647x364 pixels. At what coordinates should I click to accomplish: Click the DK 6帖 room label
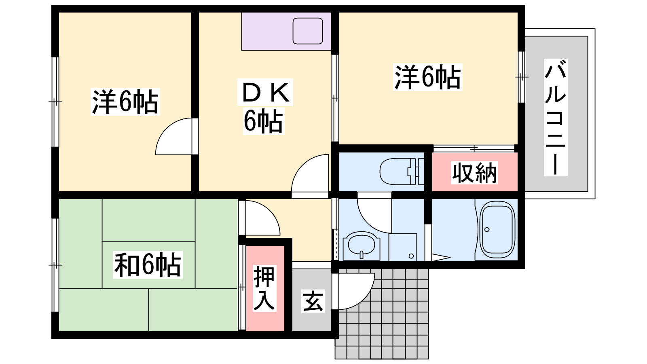tap(264, 106)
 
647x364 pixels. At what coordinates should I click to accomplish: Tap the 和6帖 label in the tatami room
tap(148, 265)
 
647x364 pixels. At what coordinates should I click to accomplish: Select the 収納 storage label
tap(475, 173)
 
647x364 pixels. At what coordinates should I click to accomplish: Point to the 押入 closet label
tap(264, 288)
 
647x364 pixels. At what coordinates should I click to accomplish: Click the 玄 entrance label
tap(313, 301)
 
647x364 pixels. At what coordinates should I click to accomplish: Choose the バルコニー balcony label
tap(556, 117)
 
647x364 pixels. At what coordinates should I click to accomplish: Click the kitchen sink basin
tap(308, 31)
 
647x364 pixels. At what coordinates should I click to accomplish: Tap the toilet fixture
tap(402, 171)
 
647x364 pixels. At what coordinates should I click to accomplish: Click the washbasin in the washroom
tap(362, 245)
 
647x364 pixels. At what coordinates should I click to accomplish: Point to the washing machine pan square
tap(403, 247)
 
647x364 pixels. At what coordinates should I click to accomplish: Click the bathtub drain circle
tap(487, 230)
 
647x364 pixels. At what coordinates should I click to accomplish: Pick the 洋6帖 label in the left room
tap(125, 102)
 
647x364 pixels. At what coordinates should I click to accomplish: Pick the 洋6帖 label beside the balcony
tap(427, 77)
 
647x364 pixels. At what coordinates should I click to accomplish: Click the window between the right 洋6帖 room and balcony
tap(521, 77)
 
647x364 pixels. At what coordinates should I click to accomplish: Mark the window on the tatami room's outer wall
tap(55, 265)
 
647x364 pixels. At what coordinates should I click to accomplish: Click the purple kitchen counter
tap(286, 32)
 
